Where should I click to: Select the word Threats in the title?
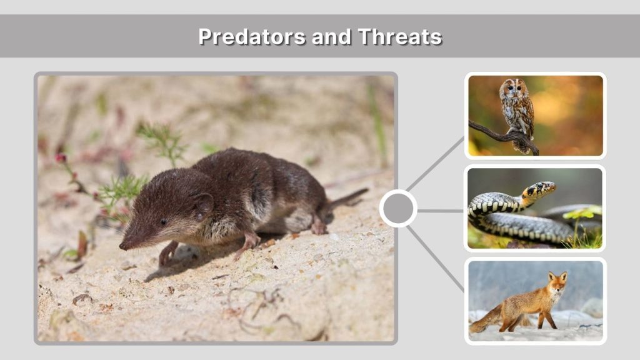click(x=400, y=36)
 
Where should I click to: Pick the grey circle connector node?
click(x=398, y=209)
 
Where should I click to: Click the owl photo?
click(x=535, y=115)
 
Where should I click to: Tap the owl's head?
click(x=514, y=89)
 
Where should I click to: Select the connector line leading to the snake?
click(x=441, y=211)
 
